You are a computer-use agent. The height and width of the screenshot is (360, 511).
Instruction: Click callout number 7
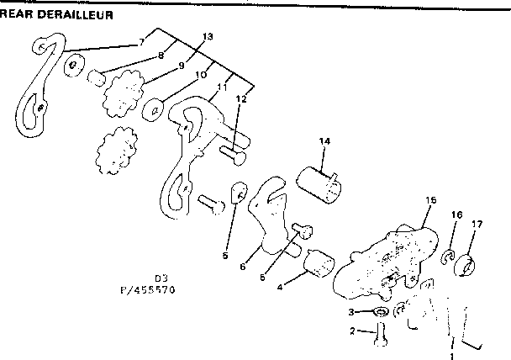coord(142,41)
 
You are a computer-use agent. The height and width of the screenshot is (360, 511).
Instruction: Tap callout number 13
coord(208,37)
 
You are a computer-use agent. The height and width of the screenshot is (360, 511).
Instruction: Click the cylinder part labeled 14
coord(323,184)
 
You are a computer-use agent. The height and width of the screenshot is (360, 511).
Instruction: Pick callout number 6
coord(243,267)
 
